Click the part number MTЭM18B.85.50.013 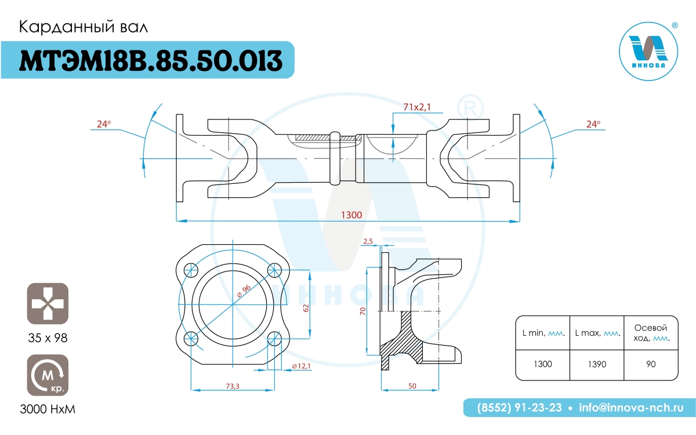[151, 60]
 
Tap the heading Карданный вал [84, 27]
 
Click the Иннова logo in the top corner [648, 51]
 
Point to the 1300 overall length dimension [351, 215]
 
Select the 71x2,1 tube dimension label [417, 107]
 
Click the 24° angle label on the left [104, 124]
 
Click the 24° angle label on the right [593, 124]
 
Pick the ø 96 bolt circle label [244, 291]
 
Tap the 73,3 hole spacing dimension [233, 386]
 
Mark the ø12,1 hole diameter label [302, 366]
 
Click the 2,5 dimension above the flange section [368, 241]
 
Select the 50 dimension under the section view [412, 386]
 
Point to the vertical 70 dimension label [363, 311]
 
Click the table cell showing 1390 [597, 364]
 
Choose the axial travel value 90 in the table [651, 364]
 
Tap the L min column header [543, 333]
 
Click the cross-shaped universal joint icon [48, 303]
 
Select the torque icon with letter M [48, 375]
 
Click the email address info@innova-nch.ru [631, 408]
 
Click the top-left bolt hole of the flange [191, 270]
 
